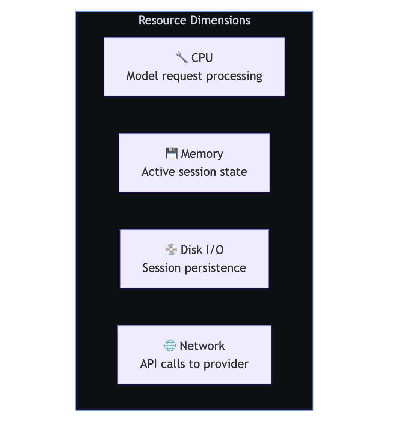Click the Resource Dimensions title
(x=194, y=20)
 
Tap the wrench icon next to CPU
(x=182, y=58)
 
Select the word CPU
(x=202, y=58)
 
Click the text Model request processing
(x=194, y=76)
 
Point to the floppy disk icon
(x=171, y=154)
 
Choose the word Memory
(x=202, y=154)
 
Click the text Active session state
(x=194, y=172)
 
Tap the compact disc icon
(x=171, y=250)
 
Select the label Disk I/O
(x=202, y=250)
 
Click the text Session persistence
(x=194, y=268)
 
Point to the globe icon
(x=170, y=346)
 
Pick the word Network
(x=202, y=346)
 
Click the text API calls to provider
(x=194, y=364)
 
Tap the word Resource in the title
(x=163, y=20)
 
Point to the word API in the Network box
(x=149, y=364)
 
